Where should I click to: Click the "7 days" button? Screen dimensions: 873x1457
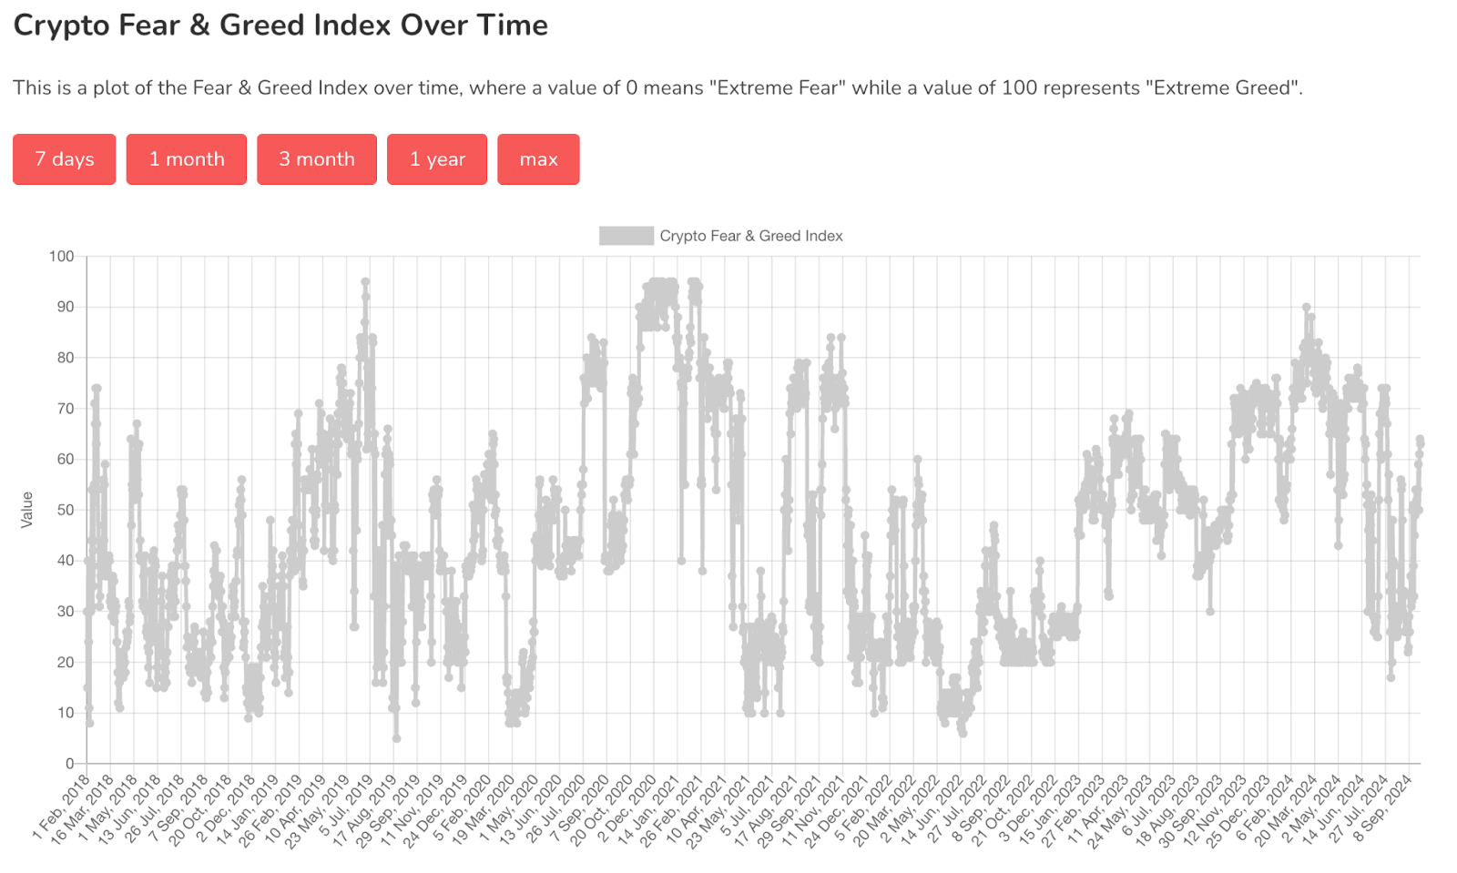point(64,159)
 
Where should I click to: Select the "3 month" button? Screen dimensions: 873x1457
point(316,159)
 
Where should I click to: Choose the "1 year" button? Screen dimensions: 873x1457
point(437,159)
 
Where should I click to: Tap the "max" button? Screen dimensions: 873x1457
point(538,159)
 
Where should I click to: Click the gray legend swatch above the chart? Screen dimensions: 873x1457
point(626,236)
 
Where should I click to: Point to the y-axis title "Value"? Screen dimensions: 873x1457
point(27,509)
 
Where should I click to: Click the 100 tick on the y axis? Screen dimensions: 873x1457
point(62,257)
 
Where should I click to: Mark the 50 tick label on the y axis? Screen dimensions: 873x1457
point(65,510)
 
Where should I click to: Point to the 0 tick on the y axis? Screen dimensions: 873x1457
point(69,764)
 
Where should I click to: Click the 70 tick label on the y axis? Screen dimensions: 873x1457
point(65,409)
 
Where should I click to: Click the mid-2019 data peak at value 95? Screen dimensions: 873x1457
point(365,282)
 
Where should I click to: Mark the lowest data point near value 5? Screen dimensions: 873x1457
point(396,738)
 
